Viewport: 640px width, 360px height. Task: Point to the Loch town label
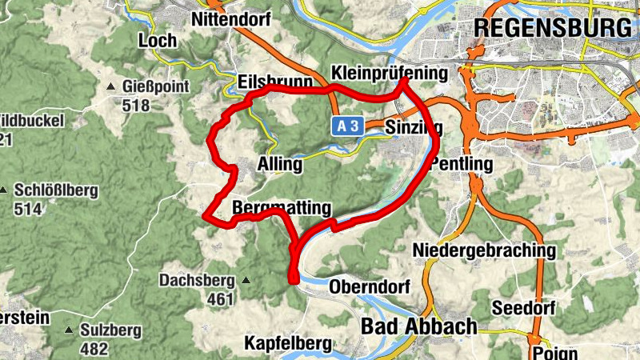[157, 40]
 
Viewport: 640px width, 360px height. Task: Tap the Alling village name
[280, 165]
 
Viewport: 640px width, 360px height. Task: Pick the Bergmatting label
[282, 208]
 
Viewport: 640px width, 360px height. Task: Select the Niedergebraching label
[484, 250]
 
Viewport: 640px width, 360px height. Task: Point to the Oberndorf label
[370, 286]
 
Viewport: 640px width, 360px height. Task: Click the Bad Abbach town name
[419, 326]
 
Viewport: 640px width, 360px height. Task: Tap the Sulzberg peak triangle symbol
[70, 330]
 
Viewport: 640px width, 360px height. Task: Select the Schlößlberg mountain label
[55, 190]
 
